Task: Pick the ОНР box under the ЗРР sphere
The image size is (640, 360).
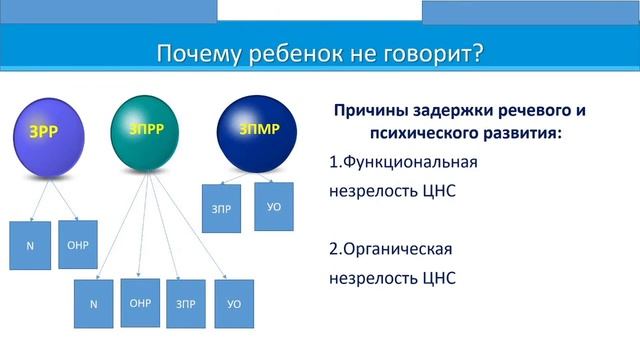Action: pyautogui.click(x=78, y=244)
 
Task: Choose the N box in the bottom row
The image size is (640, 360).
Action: pyautogui.click(x=94, y=305)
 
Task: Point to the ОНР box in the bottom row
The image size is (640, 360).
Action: pyautogui.click(x=141, y=302)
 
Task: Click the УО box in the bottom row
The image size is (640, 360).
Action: pyautogui.click(x=234, y=304)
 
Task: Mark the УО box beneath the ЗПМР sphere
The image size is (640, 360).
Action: pyautogui.click(x=274, y=207)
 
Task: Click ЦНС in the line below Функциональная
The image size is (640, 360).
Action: pyautogui.click(x=437, y=192)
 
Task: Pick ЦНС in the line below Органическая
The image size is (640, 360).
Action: pyautogui.click(x=437, y=279)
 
